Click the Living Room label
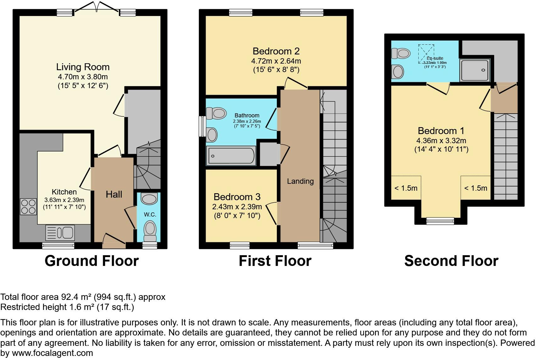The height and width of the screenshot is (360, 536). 83,67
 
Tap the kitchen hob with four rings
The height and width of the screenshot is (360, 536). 28,206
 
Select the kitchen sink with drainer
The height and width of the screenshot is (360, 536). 60,233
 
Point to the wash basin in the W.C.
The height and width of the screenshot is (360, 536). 149,199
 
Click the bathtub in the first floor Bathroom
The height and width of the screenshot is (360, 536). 231,156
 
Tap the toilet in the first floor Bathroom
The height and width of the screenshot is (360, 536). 216,113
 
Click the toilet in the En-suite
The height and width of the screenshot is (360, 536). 401,53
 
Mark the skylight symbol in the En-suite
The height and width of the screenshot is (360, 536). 426,54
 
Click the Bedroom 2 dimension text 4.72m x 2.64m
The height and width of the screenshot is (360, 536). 276,61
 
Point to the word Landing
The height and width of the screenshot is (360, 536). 300,181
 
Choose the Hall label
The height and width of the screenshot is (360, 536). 114,194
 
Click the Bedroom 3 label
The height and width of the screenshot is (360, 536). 237,197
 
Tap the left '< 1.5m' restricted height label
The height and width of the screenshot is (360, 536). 406,188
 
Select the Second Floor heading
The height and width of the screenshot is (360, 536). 451,261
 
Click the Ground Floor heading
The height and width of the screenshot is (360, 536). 92,261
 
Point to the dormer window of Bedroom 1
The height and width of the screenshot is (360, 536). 440,221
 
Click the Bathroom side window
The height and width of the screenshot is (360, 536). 203,126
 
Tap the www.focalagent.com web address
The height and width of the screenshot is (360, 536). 53,353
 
